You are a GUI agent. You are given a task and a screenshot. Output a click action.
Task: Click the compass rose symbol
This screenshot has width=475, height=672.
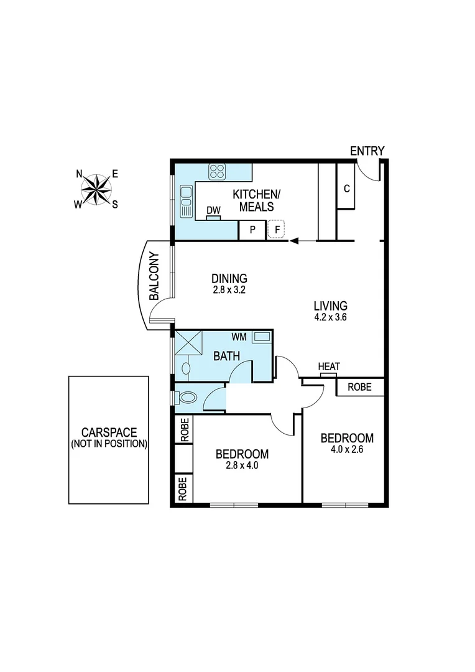97,189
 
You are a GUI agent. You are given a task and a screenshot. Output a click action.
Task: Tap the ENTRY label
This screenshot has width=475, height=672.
367,151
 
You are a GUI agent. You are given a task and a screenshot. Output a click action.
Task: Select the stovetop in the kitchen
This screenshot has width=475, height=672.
217,171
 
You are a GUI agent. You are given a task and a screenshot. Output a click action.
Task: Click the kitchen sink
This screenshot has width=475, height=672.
185,200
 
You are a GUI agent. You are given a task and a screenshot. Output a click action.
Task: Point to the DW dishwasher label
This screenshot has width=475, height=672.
214,211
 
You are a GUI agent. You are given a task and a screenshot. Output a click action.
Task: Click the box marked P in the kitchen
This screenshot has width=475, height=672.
252,230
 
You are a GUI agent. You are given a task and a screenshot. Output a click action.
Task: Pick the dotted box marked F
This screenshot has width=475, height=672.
277,230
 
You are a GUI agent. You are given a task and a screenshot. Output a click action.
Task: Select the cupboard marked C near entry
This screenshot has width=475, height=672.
346,187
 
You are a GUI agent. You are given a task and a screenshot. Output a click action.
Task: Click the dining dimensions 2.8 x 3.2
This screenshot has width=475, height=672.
229,289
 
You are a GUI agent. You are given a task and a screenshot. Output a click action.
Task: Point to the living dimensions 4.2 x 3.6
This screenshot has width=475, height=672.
330,317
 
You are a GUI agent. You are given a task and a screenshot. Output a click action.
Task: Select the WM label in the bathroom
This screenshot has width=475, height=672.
239,337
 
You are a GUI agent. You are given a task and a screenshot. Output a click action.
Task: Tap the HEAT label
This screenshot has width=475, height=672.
329,366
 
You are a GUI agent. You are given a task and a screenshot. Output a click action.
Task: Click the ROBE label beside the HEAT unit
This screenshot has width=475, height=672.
359,387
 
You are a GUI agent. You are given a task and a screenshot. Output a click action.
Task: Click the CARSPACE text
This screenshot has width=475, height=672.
109,432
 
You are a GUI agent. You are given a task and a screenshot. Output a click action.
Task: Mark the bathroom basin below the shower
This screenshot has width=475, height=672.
185,368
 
